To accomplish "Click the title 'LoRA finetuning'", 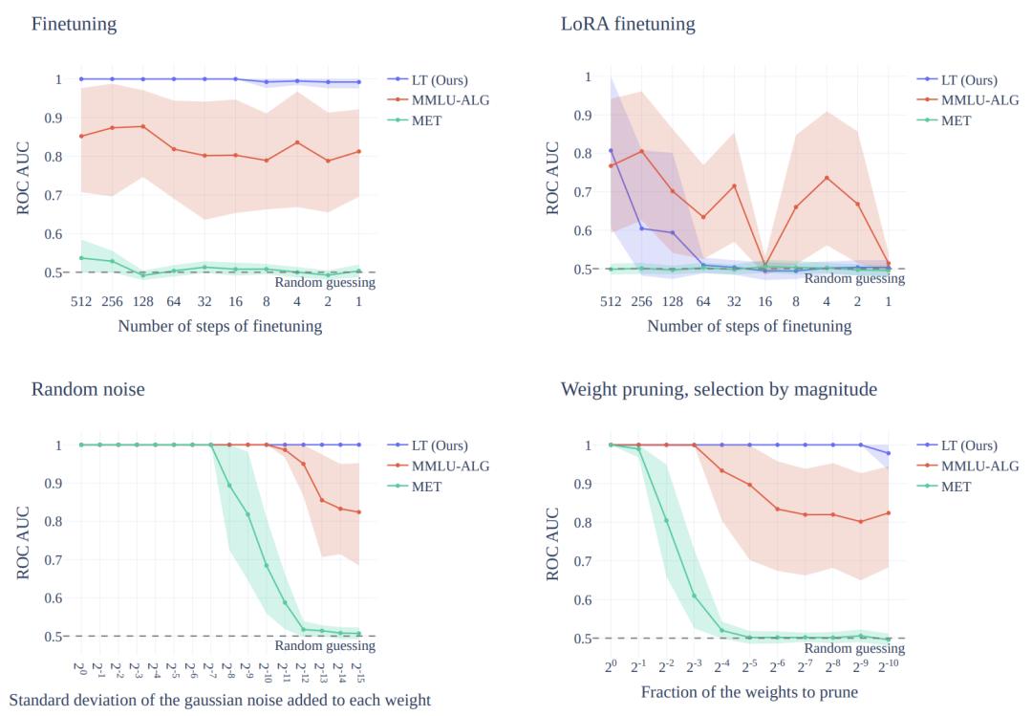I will pyautogui.click(x=628, y=24).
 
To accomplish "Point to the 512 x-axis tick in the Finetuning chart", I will pyautogui.click(x=80, y=300).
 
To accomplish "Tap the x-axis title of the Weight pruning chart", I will pyautogui.click(x=749, y=691).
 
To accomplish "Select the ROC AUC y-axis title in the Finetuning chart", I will pyautogui.click(x=25, y=175).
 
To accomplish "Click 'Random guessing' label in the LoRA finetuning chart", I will pyautogui.click(x=854, y=279).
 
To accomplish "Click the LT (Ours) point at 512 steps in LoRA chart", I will pyautogui.click(x=611, y=150).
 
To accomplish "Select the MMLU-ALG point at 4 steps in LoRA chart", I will pyautogui.click(x=827, y=178).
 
